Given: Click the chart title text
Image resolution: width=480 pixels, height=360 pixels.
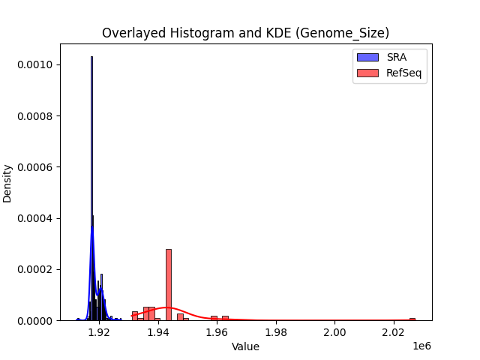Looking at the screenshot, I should [x=245, y=33].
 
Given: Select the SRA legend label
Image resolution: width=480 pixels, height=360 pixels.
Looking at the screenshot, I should [x=397, y=57].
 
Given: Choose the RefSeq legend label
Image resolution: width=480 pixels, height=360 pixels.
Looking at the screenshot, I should [x=402, y=73].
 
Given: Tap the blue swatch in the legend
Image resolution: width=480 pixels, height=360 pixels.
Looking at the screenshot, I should [x=367, y=57].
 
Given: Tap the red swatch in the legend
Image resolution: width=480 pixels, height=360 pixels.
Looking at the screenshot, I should [x=367, y=73].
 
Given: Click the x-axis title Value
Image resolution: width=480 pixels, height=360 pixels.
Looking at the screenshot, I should [x=245, y=346].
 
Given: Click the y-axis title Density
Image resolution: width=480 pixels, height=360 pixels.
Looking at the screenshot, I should [x=8, y=183].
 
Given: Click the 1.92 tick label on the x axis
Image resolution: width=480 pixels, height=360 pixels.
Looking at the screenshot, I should [x=99, y=332].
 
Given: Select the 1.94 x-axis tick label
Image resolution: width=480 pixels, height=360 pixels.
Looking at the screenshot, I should [x=158, y=332].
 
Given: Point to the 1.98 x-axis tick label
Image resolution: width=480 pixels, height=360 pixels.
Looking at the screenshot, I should [x=276, y=332].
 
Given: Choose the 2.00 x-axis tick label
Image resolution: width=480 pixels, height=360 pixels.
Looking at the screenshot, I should [x=335, y=332].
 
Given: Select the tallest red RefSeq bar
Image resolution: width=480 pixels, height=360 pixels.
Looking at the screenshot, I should [x=169, y=285].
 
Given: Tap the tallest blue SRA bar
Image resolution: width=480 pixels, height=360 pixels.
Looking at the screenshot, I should [x=91, y=187].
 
